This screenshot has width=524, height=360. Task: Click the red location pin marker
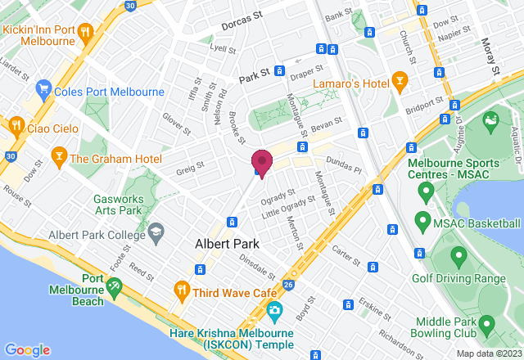click(x=261, y=162)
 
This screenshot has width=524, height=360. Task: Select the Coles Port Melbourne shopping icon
click(x=44, y=91)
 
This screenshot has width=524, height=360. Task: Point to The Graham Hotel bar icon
click(x=59, y=155)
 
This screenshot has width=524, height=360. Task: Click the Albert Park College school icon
click(x=155, y=236)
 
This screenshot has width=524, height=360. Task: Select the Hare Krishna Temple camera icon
click(x=273, y=311)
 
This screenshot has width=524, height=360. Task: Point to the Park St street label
click(x=255, y=78)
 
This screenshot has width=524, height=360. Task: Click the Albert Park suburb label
click(x=227, y=244)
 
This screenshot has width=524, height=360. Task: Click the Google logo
click(x=27, y=349)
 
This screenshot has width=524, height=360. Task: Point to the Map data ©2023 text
click(x=488, y=353)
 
